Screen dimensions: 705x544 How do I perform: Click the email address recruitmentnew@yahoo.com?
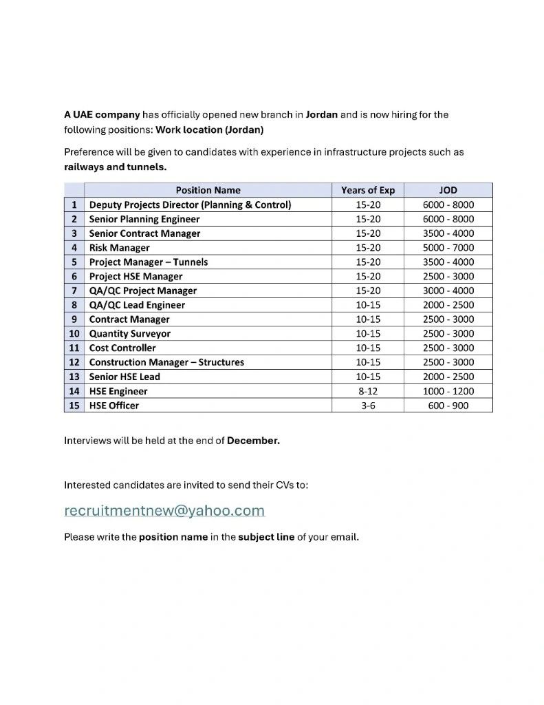coord(164,511)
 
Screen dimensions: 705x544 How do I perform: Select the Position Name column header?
coord(208,190)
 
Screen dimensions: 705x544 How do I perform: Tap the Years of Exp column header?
coord(368,190)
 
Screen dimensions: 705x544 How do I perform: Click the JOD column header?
coord(448,190)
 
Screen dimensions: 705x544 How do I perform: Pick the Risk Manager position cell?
coord(119,248)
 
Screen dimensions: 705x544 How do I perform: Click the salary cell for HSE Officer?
coord(448,406)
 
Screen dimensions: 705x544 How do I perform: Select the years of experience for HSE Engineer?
coord(368,391)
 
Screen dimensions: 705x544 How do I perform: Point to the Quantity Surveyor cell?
coord(130,334)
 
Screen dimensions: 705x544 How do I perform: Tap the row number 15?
coord(74,406)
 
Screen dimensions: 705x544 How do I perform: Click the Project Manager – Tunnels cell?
coord(148,262)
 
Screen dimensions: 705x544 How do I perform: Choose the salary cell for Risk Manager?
coord(448,248)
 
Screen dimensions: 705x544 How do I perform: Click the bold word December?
coord(253,441)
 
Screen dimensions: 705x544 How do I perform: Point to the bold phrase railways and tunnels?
coord(115,167)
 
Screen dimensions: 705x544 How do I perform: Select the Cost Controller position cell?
coord(122,348)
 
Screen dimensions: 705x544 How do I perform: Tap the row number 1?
coord(74,204)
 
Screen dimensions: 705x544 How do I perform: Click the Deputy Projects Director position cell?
coord(190,204)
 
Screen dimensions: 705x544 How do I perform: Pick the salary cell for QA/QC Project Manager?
coord(448,291)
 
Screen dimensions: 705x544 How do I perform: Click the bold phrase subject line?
coord(266,536)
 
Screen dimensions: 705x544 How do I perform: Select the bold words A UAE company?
coord(102,114)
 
